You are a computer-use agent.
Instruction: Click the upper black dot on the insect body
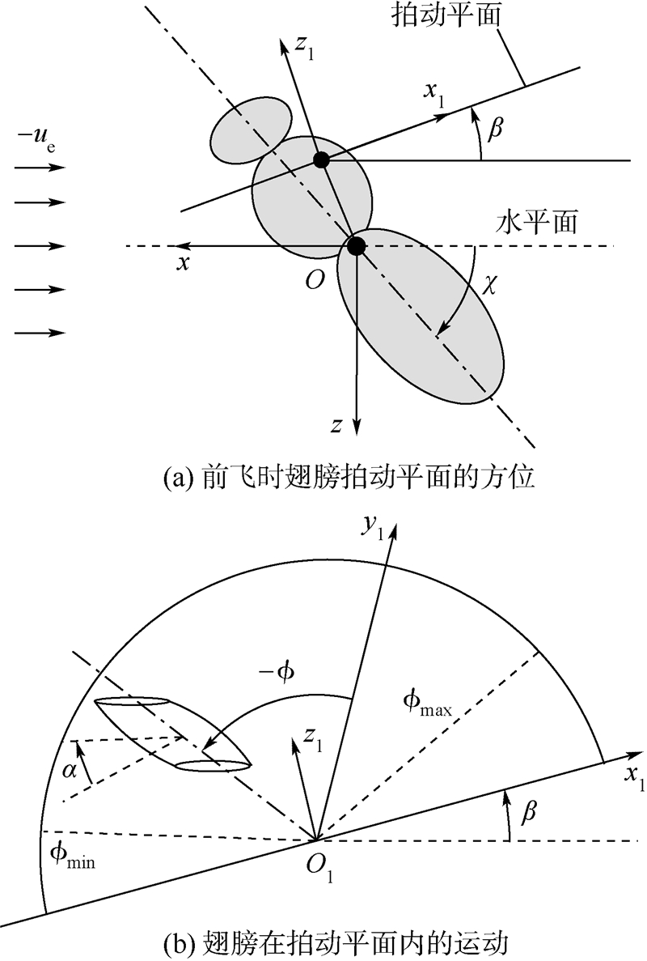click(x=321, y=159)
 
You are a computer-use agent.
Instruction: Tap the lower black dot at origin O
click(x=356, y=245)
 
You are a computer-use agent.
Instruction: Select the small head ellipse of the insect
click(x=251, y=129)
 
